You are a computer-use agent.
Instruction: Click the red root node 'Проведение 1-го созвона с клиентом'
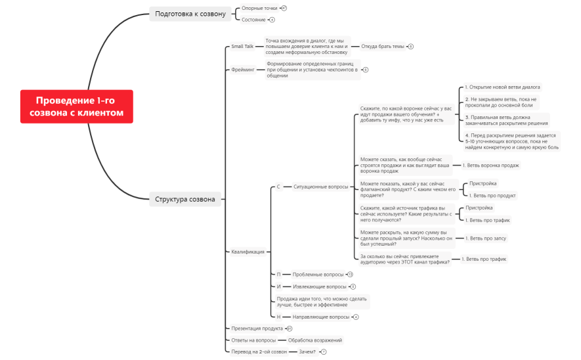pos(76,106)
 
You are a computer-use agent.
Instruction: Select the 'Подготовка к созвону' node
pos(190,13)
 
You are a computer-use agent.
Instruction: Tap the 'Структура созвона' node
pos(184,199)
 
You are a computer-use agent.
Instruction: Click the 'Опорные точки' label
pos(259,9)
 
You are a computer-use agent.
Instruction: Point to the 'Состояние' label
pos(253,20)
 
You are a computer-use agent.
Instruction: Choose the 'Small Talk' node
pos(242,47)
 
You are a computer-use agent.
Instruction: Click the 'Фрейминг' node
pos(243,69)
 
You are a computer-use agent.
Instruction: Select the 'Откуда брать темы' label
pos(383,47)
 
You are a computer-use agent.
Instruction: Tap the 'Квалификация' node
pos(247,252)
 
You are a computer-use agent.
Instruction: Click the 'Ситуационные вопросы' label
pos(320,187)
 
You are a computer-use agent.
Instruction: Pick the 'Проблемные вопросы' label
pos(318,274)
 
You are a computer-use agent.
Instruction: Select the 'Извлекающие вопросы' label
pos(320,287)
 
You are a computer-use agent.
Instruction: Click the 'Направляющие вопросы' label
pos(321,317)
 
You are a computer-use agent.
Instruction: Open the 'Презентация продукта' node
pos(257,328)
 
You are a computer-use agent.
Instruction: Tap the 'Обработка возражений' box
pos(315,340)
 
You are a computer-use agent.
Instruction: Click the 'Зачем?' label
pos(307,352)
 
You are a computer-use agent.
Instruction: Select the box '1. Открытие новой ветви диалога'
pos(502,87)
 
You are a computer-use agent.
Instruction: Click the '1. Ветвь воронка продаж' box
pos(490,166)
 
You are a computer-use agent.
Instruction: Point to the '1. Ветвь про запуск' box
pos(486,238)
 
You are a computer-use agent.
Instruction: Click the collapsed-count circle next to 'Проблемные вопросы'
pos(350,274)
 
